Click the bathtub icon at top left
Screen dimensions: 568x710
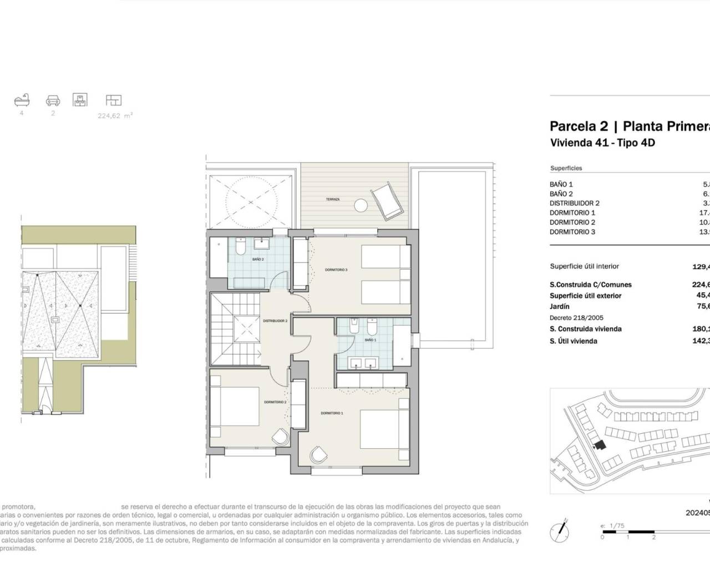click(x=22, y=100)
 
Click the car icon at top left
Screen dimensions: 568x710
click(x=53, y=100)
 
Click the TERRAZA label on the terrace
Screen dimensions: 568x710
click(x=333, y=199)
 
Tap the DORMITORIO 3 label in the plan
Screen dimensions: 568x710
click(x=336, y=270)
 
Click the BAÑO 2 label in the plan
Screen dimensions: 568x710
click(x=258, y=259)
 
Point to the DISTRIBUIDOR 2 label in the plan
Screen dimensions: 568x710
click(x=275, y=321)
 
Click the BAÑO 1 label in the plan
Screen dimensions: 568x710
click(x=371, y=355)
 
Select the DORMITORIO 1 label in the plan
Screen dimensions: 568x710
click(x=332, y=413)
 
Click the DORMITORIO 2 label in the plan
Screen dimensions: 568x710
click(x=275, y=402)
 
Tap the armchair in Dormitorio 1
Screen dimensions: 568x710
click(x=319, y=455)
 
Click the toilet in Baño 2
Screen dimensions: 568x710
click(x=241, y=245)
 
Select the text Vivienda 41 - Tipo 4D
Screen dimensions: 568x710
click(x=602, y=143)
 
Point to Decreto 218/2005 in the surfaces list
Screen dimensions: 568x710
click(x=577, y=318)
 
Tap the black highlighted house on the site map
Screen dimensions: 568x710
click(x=598, y=445)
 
